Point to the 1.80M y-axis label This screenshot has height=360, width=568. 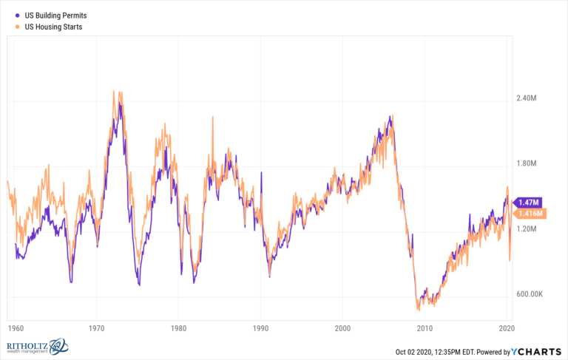pos(530,164)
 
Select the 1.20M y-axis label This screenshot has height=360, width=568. pos(530,229)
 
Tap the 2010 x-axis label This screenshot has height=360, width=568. pos(425,327)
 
